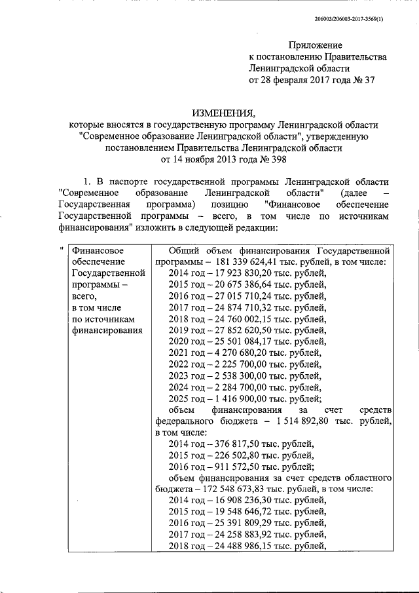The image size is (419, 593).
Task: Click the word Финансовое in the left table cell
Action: pyautogui.click(x=98, y=250)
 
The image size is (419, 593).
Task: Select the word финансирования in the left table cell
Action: pyautogui.click(x=107, y=330)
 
